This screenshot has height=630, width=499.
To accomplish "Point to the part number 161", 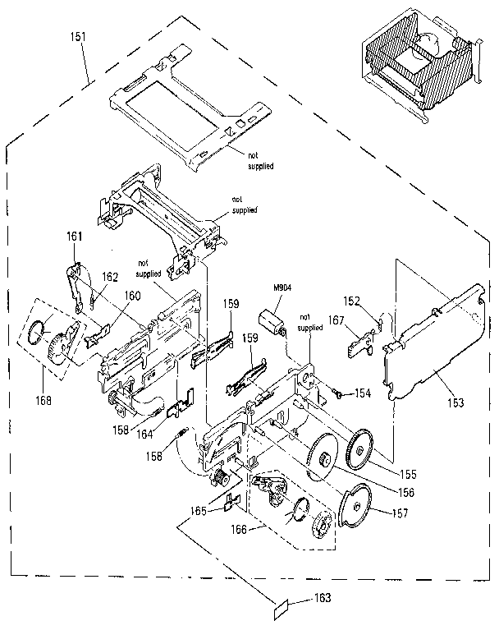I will coord(75,236).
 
